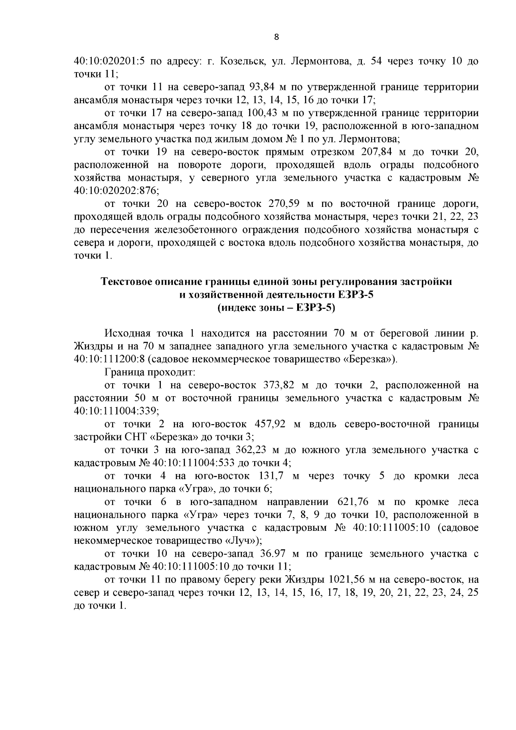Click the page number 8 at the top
click(276, 37)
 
